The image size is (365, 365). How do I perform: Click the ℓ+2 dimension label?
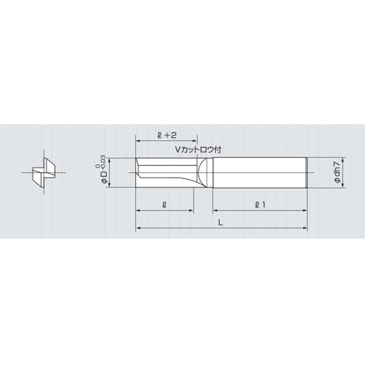(x=166, y=135)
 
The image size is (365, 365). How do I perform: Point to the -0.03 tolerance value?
(x=104, y=163)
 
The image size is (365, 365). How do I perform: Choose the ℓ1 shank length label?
(x=260, y=205)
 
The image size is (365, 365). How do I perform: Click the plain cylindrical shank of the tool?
(x=260, y=172)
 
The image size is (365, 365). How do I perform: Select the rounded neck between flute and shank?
(x=205, y=172)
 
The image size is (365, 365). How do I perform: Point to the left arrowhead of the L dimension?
(x=138, y=228)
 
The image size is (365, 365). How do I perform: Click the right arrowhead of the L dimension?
(x=305, y=228)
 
